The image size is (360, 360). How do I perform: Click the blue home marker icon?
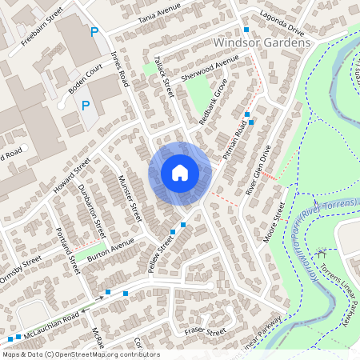coord(180,173)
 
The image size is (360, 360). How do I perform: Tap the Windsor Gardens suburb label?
coord(262,42)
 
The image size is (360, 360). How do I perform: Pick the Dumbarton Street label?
coord(92,211)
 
